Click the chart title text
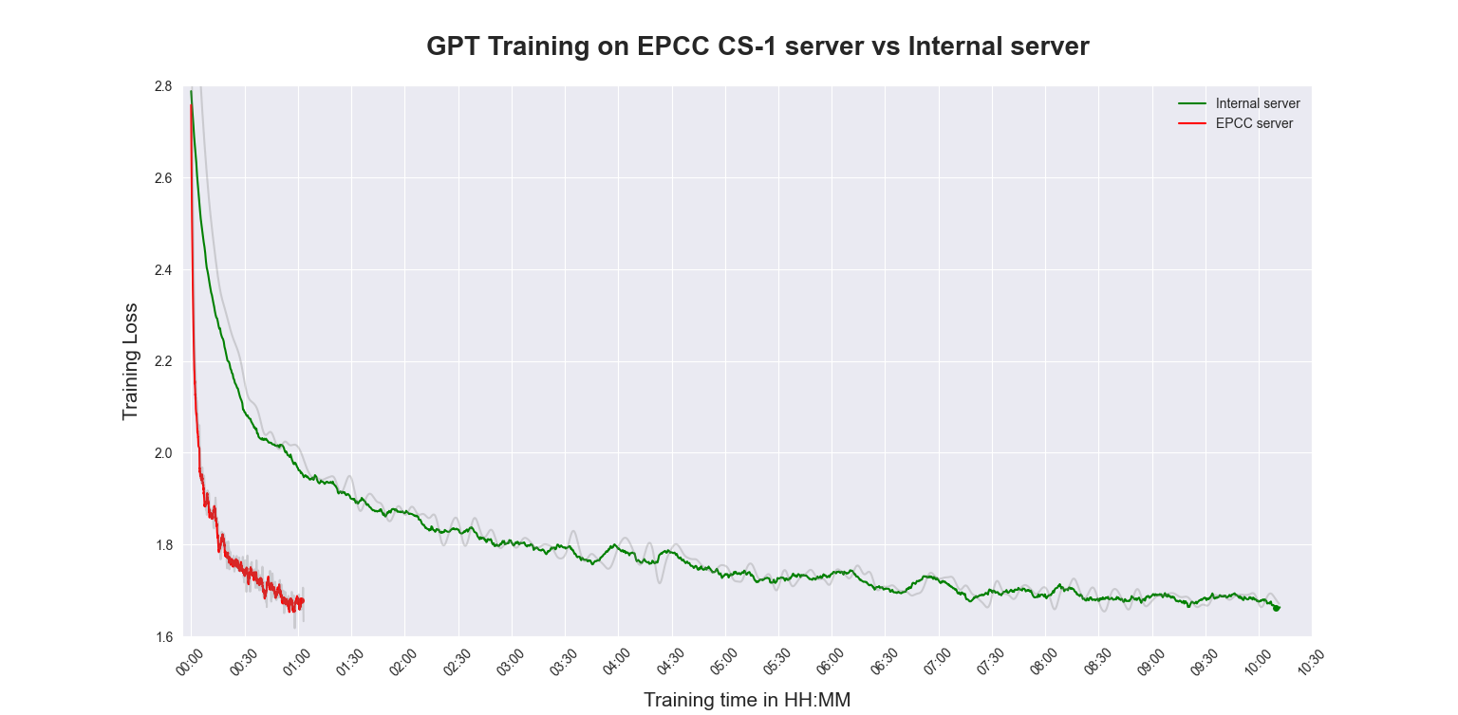point(757,46)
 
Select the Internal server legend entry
point(1257,103)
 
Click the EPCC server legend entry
point(1253,123)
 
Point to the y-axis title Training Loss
point(131,361)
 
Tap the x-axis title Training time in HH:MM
point(746,700)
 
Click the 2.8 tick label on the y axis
point(162,86)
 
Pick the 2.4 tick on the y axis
point(162,270)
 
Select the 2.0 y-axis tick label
point(162,453)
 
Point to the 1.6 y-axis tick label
point(162,636)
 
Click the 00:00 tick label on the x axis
point(190,662)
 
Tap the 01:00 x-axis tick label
point(297,662)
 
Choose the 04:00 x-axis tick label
point(617,662)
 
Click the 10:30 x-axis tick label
point(1311,662)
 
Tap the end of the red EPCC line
point(302,599)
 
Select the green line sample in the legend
point(1191,103)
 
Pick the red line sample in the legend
point(1191,123)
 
